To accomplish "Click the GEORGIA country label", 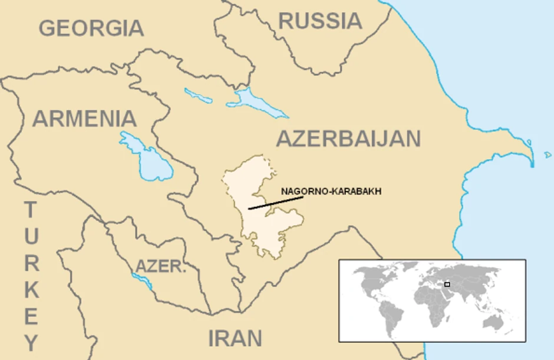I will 91,28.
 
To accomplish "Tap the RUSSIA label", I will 320,21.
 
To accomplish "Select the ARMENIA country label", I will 84,119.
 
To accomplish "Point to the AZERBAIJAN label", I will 348,139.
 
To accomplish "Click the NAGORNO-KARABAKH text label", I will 331,191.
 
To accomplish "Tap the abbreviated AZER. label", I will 161,266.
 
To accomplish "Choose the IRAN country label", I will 235,338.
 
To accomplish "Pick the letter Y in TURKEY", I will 31,342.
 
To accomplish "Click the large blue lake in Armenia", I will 149,158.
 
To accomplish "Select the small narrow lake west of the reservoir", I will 197,95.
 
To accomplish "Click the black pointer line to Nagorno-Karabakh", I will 275,203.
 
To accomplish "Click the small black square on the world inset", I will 447,285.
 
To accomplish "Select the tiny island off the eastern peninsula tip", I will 548,155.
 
